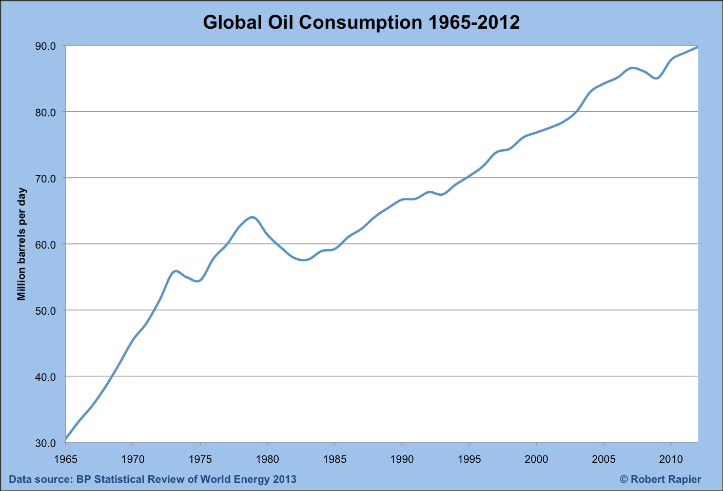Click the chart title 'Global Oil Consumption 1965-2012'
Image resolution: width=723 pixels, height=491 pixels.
[361, 22]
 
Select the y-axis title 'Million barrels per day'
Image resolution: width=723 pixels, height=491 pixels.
[21, 244]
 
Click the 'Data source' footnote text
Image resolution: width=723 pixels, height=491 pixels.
[153, 480]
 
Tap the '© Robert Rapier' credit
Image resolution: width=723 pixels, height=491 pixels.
[660, 480]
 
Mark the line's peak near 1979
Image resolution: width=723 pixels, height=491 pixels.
[252, 217]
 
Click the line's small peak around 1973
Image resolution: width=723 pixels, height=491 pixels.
[175, 271]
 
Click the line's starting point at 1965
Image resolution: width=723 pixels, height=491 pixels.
[66, 439]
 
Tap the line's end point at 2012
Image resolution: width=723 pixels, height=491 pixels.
[697, 47]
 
